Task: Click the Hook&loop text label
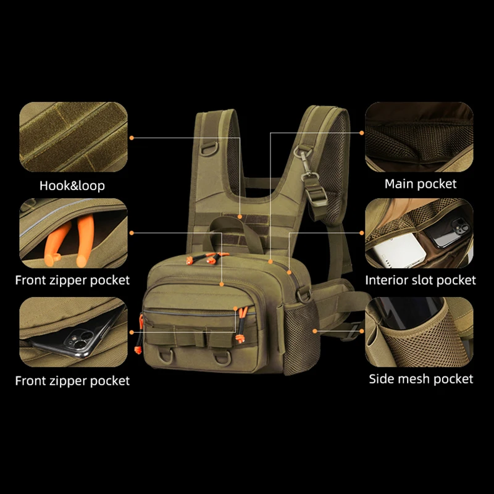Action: (x=72, y=185)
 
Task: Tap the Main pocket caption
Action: (x=421, y=183)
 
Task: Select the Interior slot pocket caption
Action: (x=421, y=280)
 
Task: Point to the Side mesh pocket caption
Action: (x=421, y=379)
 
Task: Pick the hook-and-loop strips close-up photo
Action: (x=73, y=137)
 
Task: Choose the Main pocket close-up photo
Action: (x=419, y=136)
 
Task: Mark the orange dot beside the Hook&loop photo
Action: (x=132, y=138)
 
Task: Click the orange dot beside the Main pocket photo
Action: (x=362, y=132)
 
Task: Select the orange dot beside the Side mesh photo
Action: (x=315, y=331)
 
